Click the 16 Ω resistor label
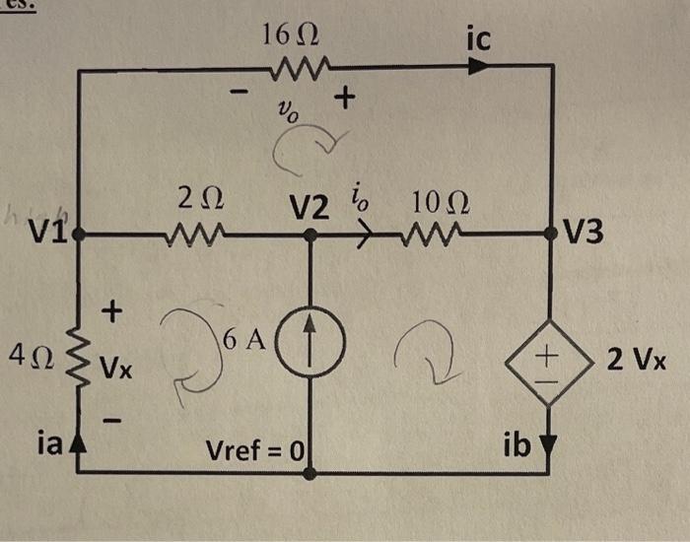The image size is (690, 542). (x=290, y=38)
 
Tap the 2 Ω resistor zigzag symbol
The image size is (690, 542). (x=200, y=236)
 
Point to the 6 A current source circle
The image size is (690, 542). (x=310, y=352)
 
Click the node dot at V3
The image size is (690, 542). (x=550, y=235)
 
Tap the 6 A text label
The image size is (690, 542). (x=242, y=341)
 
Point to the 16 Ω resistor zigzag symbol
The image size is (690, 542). (x=290, y=69)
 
